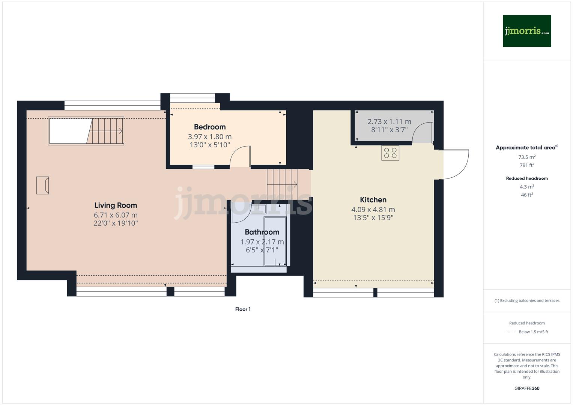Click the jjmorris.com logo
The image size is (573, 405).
(x=526, y=31)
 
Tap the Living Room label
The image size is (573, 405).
(x=116, y=205)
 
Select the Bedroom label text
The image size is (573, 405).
(x=210, y=127)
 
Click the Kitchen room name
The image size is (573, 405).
(x=373, y=200)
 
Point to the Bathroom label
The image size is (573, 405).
(x=262, y=232)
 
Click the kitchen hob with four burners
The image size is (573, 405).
(x=390, y=153)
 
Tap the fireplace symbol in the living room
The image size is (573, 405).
(x=42, y=185)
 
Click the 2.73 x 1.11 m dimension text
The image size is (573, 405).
(x=389, y=121)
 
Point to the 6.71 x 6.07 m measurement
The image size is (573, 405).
(x=116, y=215)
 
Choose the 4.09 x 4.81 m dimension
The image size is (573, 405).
(x=373, y=210)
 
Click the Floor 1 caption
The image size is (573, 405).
(x=243, y=309)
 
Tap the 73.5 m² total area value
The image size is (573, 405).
(x=527, y=157)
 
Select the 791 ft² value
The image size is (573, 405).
(x=527, y=165)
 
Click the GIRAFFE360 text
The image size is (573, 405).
(x=527, y=388)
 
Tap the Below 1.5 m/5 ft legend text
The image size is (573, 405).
(x=533, y=332)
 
